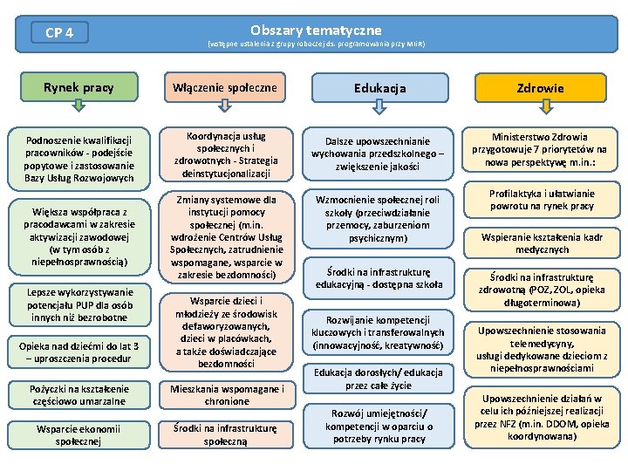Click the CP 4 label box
59,33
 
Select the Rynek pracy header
78,87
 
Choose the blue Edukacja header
379,88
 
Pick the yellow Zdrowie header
540,88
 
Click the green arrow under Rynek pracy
78,106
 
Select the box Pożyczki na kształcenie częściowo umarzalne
78,395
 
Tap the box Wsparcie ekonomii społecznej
78,434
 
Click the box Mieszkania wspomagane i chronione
226,395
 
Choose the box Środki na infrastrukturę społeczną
226,434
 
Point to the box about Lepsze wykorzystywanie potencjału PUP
78,304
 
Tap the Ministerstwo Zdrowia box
540,149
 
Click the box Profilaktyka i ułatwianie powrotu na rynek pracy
540,200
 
